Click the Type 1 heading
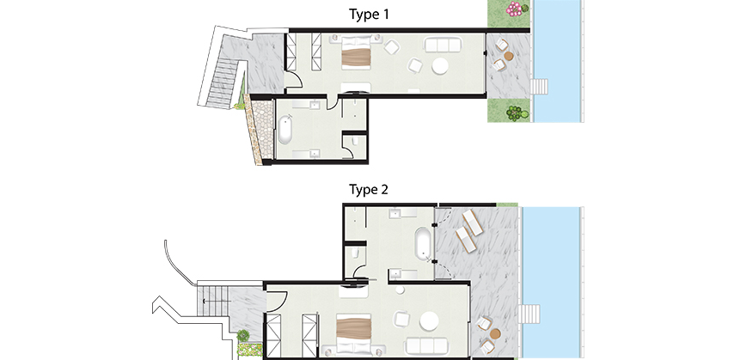[369, 15]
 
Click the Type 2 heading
[369, 190]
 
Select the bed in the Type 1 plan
[356, 52]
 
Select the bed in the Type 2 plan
[354, 333]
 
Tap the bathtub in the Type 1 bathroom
[284, 130]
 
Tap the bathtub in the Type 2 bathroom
[422, 243]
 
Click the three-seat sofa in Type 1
[443, 45]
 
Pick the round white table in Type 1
[440, 66]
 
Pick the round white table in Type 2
[429, 321]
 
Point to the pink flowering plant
[515, 8]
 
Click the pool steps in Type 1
[539, 88]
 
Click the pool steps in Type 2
[529, 314]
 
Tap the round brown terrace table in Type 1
[509, 56]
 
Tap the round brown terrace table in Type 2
[495, 333]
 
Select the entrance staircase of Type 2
[213, 301]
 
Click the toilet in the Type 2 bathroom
[355, 253]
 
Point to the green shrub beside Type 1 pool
[516, 113]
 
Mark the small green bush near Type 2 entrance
[243, 335]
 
